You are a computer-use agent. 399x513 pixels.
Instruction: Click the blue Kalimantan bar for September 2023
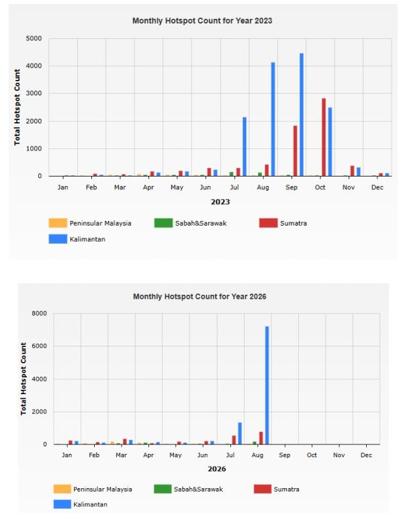[x=302, y=115]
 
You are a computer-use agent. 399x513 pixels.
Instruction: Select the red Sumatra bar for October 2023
[x=324, y=137]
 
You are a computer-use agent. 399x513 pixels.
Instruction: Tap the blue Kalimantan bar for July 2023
[x=245, y=146]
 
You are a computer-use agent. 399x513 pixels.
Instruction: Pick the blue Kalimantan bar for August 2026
[x=267, y=385]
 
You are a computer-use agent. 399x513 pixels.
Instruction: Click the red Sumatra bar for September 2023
[x=296, y=151]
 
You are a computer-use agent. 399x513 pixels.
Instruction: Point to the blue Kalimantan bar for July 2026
[x=240, y=434]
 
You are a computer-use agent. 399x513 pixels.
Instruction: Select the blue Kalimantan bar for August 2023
[x=273, y=119]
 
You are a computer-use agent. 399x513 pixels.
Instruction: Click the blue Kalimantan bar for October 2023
[x=330, y=142]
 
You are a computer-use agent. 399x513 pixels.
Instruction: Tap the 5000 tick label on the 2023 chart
[x=34, y=38]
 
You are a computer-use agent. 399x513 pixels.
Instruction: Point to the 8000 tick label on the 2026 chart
[x=39, y=314]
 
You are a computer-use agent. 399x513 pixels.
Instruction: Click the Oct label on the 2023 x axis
[x=320, y=187]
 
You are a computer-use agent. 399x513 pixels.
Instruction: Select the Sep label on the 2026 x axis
[x=284, y=455]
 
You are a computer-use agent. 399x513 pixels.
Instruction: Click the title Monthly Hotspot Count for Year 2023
[x=202, y=21]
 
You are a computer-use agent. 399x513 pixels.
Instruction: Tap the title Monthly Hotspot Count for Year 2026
[x=199, y=296]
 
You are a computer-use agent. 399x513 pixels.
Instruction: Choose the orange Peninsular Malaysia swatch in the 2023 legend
[x=58, y=223]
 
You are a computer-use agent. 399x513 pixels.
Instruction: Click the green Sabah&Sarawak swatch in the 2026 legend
[x=163, y=489]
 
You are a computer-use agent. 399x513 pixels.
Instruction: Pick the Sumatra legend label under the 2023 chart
[x=294, y=223]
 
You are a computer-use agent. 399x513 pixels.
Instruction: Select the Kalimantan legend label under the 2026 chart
[x=90, y=504]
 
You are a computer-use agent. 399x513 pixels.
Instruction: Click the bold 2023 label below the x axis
[x=220, y=202]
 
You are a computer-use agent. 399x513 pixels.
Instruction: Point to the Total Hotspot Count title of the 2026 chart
[x=24, y=379]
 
